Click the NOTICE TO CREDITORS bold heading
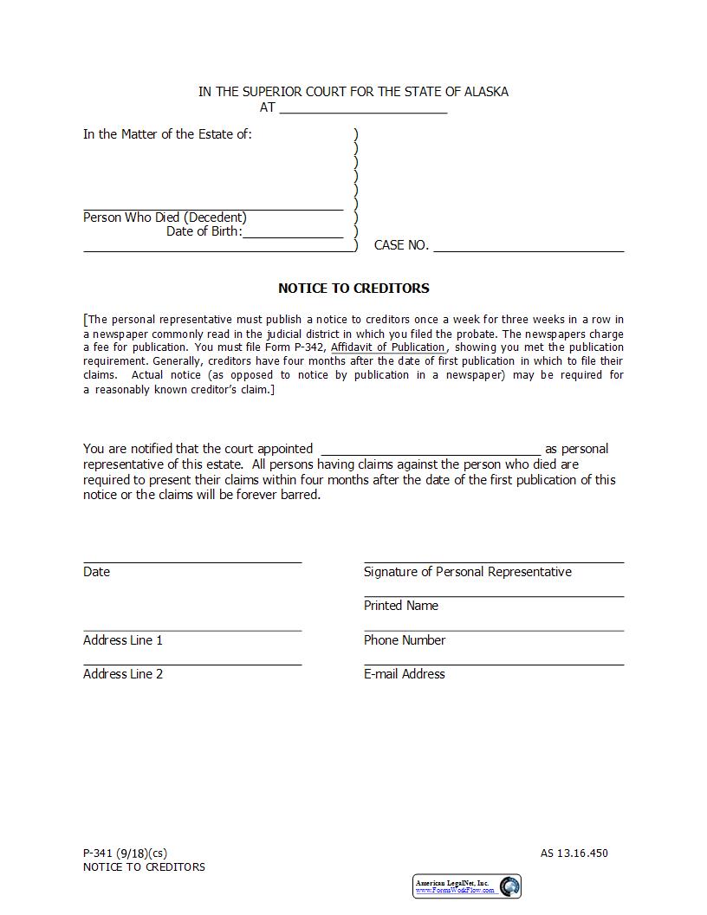pos(353,289)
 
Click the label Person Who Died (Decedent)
pos(165,217)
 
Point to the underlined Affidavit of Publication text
pos(387,347)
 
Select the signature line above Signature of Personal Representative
pos(493,561)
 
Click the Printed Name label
pos(400,606)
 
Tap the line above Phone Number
pos(493,630)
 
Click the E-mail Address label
pos(404,674)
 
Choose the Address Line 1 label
pos(123,640)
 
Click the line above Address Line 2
pos(192,664)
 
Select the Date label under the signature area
pos(96,572)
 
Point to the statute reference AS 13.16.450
pos(574,853)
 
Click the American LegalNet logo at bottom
pos(467,886)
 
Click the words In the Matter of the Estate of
pos(167,134)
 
